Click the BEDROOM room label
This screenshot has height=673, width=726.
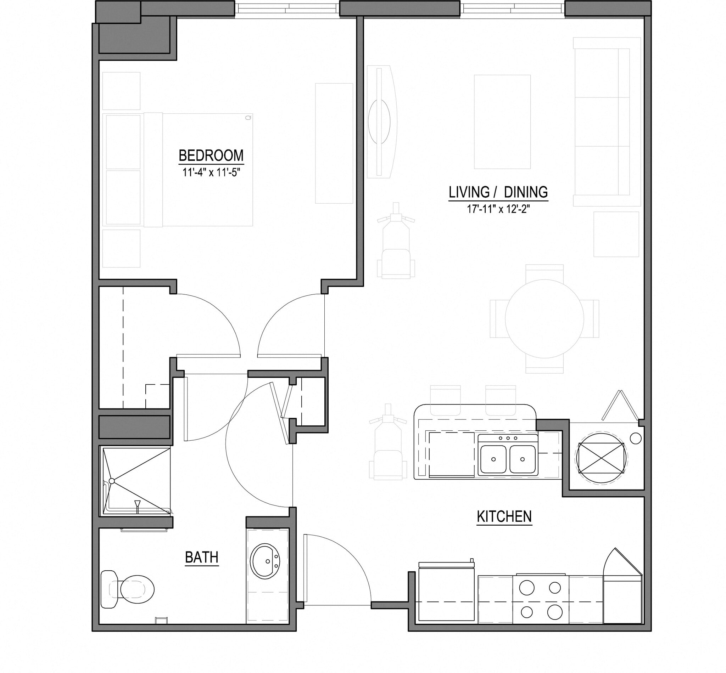click(x=211, y=155)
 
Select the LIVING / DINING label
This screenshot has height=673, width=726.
click(x=498, y=192)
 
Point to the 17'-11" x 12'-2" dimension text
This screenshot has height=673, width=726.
click(x=498, y=209)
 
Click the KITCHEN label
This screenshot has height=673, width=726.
click(x=504, y=516)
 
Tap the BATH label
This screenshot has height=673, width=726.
click(x=202, y=557)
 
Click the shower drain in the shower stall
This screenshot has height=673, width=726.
click(x=112, y=481)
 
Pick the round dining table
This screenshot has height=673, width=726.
click(x=544, y=319)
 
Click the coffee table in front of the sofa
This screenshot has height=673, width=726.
click(x=502, y=121)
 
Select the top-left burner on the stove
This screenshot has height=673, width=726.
click(x=527, y=588)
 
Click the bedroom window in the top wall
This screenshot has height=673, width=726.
click(x=287, y=9)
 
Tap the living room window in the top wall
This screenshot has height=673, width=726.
click(x=512, y=9)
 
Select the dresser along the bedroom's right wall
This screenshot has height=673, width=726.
click(x=334, y=143)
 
